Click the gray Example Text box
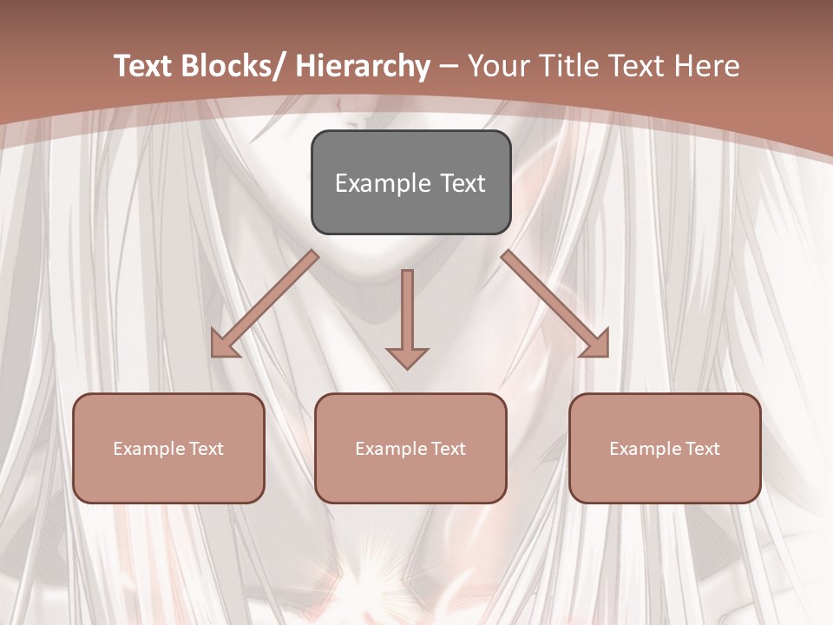pyautogui.click(x=410, y=182)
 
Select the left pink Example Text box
pyautogui.click(x=168, y=448)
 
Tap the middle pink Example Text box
pyautogui.click(x=410, y=448)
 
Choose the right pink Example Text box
pyautogui.click(x=665, y=448)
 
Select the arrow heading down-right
pyautogui.click(x=555, y=305)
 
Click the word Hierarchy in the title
pyautogui.click(x=363, y=66)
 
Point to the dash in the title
pyautogui.click(x=449, y=66)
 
